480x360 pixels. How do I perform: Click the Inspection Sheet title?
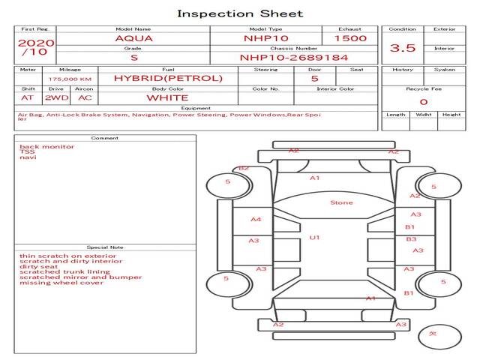[240, 13]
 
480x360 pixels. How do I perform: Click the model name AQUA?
[132, 37]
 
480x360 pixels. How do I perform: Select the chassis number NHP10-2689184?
[293, 57]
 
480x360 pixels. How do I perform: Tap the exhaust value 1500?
[350, 37]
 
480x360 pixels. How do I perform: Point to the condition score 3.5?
[403, 48]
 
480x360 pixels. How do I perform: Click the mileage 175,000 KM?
[70, 79]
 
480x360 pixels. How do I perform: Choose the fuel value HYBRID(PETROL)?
[168, 78]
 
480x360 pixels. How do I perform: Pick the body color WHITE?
[167, 97]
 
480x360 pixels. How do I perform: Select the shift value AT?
[28, 97]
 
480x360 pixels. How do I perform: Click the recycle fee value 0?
[423, 102]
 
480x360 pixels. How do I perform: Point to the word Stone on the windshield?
[341, 202]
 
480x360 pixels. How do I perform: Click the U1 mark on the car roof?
[314, 238]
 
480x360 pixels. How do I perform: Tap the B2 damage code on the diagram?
[243, 169]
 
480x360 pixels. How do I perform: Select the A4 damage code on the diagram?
[256, 220]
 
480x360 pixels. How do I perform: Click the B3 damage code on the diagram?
[411, 238]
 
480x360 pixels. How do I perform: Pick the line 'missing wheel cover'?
[61, 283]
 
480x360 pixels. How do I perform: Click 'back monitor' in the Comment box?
[47, 147]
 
